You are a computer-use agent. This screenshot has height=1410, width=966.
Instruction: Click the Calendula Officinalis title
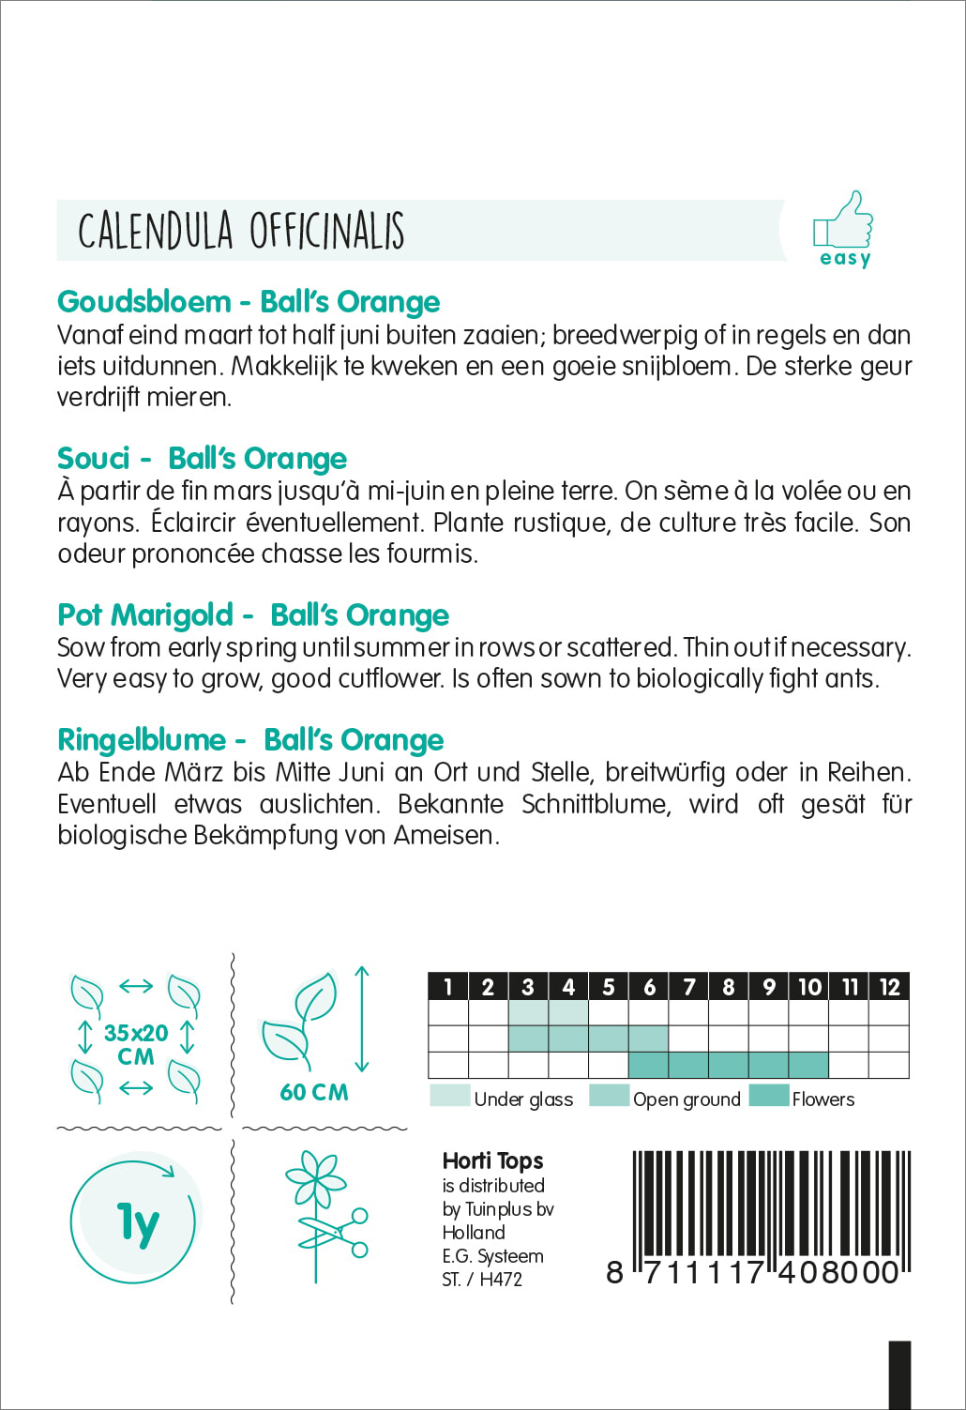pyautogui.click(x=241, y=231)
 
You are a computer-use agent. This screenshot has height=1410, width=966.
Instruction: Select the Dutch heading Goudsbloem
pyautogui.click(x=143, y=302)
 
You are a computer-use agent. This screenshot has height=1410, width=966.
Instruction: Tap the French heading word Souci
pyautogui.click(x=93, y=459)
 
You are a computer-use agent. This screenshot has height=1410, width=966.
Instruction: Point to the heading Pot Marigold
pyautogui.click(x=144, y=615)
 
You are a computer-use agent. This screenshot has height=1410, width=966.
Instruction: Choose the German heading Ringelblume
pyautogui.click(x=142, y=740)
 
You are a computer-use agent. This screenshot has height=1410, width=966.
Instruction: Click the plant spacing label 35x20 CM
pyautogui.click(x=136, y=1044)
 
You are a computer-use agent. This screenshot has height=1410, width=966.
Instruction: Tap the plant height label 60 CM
pyautogui.click(x=313, y=1092)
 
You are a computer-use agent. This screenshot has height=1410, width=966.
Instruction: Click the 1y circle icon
pyautogui.click(x=135, y=1221)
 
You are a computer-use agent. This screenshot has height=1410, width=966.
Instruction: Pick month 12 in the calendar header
pyautogui.click(x=889, y=987)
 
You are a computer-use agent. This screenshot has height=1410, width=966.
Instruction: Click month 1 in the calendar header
pyautogui.click(x=447, y=987)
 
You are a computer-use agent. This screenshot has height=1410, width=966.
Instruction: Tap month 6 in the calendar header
pyautogui.click(x=649, y=987)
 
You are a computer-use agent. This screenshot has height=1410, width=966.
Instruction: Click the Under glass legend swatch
pyautogui.click(x=449, y=1097)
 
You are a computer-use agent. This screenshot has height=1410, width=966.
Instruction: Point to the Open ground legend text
pyautogui.click(x=687, y=1099)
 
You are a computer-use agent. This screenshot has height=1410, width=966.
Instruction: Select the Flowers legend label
pyautogui.click(x=823, y=1099)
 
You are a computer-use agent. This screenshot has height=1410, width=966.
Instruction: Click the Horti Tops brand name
pyautogui.click(x=492, y=1161)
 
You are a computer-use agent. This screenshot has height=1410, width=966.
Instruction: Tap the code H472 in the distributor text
pyautogui.click(x=501, y=1280)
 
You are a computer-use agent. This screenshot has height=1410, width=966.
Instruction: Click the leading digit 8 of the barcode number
pyautogui.click(x=614, y=1272)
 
